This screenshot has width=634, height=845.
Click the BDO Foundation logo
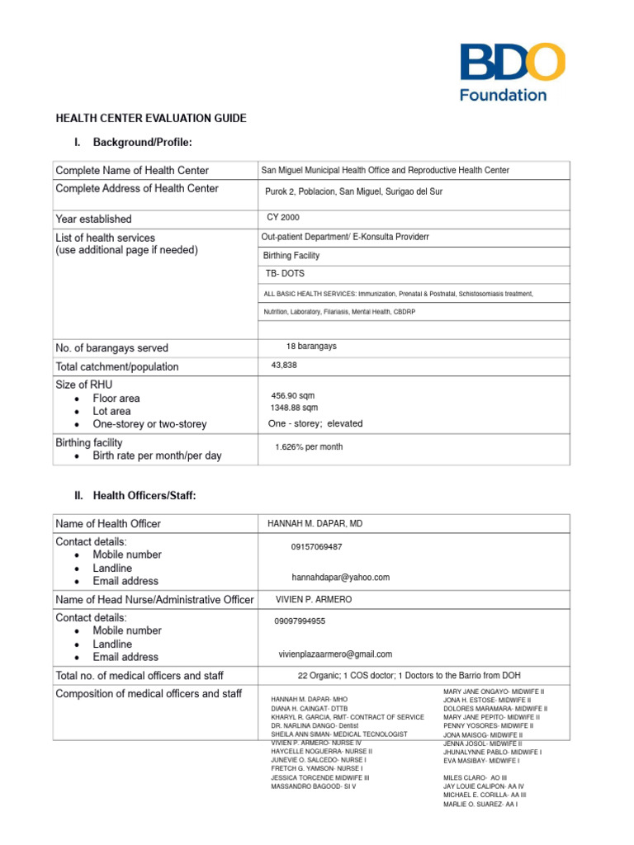point(512,73)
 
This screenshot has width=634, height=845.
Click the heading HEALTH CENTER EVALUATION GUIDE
point(150,118)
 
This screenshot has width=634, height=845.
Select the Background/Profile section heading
point(142,143)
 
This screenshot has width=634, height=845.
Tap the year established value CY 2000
point(284,218)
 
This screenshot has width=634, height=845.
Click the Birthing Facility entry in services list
point(291,256)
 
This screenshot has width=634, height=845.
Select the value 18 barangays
point(311,347)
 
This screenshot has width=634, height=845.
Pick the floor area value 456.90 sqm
point(294,396)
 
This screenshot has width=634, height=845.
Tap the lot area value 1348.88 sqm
point(294,408)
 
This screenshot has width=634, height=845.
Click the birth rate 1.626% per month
point(309,447)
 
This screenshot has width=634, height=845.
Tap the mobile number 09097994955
point(300,621)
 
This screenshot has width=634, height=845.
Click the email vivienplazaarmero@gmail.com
point(335,654)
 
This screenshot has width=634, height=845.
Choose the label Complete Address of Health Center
point(137,189)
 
